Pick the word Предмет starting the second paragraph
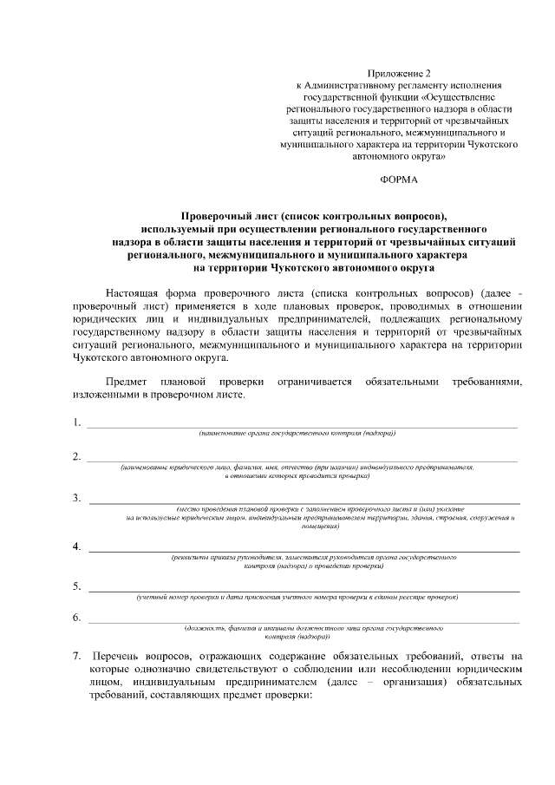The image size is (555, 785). tap(127, 381)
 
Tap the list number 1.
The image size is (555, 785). tap(76, 422)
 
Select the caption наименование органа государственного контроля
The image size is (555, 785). tap(297, 432)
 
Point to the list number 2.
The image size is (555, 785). tap(76, 456)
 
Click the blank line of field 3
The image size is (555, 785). tap(304, 502)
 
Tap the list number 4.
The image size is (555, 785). tap(76, 546)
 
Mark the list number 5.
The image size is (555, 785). tap(76, 586)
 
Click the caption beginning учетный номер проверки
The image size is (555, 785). tap(297, 597)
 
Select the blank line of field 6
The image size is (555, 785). tap(304, 622)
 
